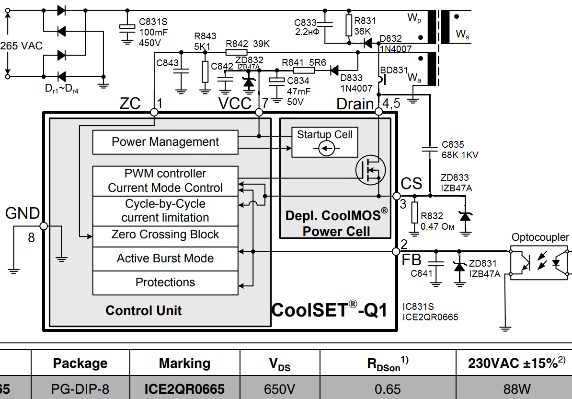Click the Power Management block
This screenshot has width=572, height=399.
[165, 142]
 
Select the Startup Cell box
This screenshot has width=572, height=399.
[324, 142]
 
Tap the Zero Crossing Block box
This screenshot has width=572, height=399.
[165, 235]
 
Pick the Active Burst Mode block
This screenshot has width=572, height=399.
[165, 259]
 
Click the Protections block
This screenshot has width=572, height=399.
[165, 282]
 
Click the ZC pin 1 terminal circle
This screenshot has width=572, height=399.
[154, 112]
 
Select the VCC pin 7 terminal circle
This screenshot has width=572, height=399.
[259, 112]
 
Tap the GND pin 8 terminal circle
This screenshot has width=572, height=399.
[43, 226]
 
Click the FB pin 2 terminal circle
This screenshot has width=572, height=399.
[396, 251]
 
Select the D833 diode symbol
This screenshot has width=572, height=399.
[334, 70]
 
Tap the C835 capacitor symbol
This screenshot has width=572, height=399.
[430, 149]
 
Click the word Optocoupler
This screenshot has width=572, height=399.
[540, 237]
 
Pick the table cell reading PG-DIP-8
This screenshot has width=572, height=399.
[80, 388]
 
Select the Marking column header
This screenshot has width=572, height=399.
[184, 364]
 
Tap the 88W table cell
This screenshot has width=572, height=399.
[513, 388]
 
